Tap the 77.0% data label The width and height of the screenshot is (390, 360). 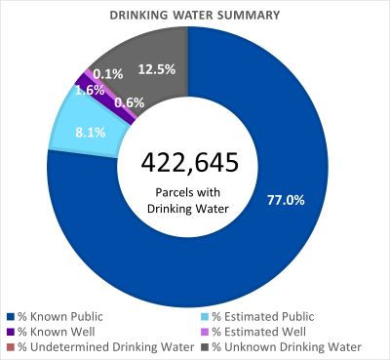point(286,199)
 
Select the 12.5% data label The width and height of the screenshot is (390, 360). point(156,69)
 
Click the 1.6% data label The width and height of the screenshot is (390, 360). point(89,90)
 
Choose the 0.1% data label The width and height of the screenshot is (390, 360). point(107,73)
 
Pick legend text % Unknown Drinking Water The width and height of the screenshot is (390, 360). point(287,347)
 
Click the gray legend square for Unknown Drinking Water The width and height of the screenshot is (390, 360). point(205,347)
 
